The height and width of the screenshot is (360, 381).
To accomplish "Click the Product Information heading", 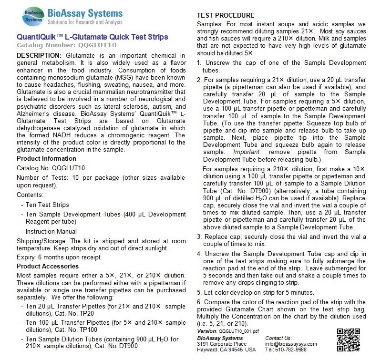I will (46, 158).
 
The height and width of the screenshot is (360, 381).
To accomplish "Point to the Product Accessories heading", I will (48, 266).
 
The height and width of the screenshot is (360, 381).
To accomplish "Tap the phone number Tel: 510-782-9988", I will (287, 349).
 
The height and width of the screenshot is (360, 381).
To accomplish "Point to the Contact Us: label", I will (278, 337).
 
